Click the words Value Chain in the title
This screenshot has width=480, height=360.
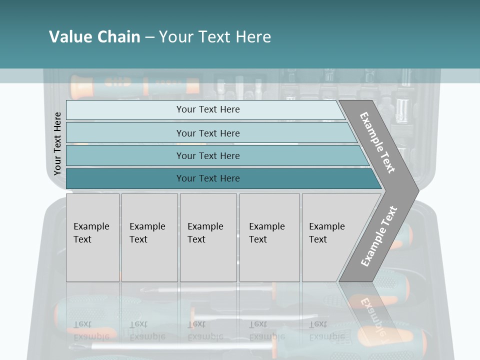click(94, 36)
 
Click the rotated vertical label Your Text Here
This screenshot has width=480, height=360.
click(57, 144)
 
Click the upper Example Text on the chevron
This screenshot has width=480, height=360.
click(378, 142)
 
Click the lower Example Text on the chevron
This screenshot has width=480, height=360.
click(378, 236)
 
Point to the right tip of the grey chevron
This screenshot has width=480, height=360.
click(417, 190)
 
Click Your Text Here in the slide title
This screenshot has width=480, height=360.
click(215, 36)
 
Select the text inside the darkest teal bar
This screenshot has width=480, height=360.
click(208, 178)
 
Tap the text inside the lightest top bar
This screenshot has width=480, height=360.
click(208, 109)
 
